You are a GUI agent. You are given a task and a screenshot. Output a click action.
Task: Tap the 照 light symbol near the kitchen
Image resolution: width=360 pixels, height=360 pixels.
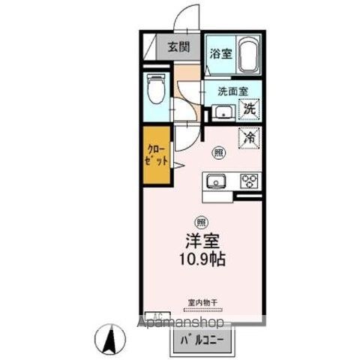[x=218, y=151]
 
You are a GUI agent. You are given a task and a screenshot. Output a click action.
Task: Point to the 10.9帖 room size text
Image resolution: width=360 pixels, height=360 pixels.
[x=201, y=261]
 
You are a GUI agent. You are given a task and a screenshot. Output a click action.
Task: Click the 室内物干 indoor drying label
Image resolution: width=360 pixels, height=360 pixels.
[x=201, y=302]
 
